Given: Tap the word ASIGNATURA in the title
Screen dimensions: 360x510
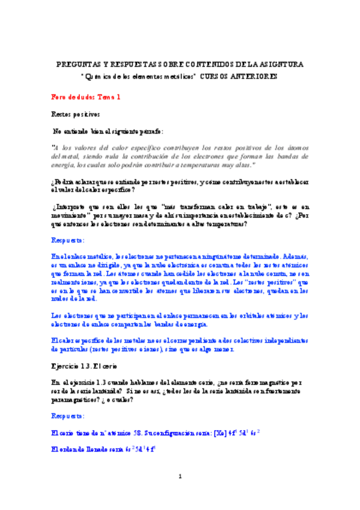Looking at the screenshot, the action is pyautogui.click(x=279, y=64).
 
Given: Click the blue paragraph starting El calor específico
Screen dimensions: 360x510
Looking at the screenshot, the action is pyautogui.click(x=180, y=344).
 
